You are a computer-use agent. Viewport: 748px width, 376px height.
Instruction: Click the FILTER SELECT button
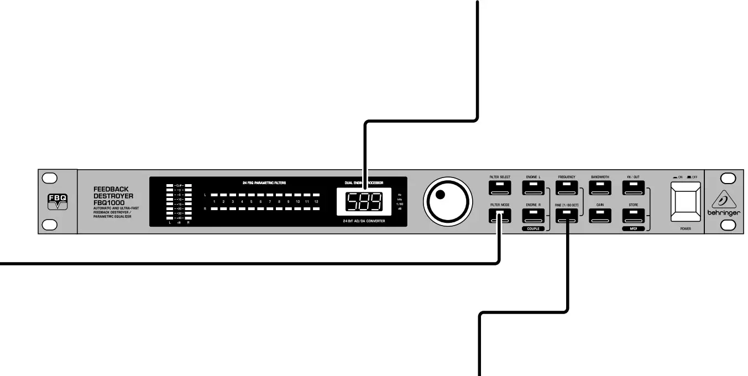[x=500, y=187]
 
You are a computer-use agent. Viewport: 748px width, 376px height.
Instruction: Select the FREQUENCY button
[x=567, y=187]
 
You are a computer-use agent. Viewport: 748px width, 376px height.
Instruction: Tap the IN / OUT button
[x=633, y=187]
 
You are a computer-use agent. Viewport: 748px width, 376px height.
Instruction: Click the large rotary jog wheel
[x=448, y=201]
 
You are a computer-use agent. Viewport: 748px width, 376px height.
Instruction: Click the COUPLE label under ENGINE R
[x=533, y=228]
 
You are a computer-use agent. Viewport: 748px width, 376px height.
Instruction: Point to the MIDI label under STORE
[x=633, y=228]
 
